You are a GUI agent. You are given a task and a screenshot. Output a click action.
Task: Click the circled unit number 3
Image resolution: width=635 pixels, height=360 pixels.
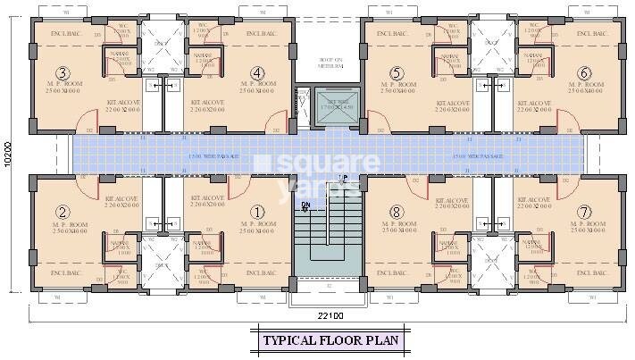(x=62, y=72)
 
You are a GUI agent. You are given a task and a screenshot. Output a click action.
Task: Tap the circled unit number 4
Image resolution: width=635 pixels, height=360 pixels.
(x=258, y=72)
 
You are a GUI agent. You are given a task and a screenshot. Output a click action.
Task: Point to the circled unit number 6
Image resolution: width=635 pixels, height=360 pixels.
(x=583, y=72)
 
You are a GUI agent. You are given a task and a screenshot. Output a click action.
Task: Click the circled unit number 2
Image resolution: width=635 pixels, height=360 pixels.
(x=62, y=212)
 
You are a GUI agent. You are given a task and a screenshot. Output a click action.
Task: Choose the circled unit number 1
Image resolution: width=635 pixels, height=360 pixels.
(x=258, y=212)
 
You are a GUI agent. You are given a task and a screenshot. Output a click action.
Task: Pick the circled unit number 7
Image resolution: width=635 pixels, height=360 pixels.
(x=583, y=212)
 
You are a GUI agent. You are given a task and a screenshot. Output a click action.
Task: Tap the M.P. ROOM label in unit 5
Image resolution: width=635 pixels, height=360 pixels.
(x=398, y=88)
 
